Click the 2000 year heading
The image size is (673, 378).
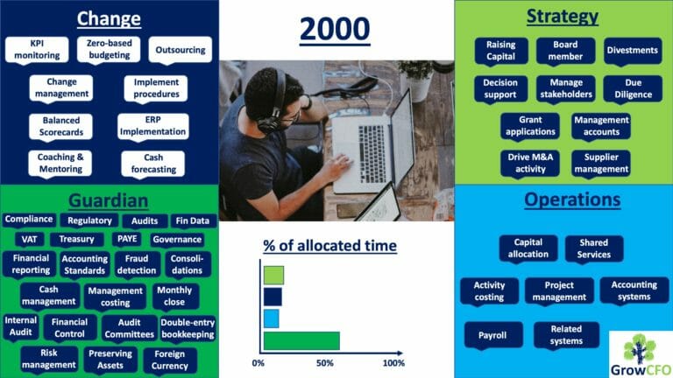tap(335, 29)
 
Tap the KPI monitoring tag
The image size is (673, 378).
tap(37, 50)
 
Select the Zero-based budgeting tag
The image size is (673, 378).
tap(109, 49)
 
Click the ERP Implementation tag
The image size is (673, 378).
tap(152, 126)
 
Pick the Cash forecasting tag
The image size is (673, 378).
tap(153, 164)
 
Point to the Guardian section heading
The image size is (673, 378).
tap(108, 200)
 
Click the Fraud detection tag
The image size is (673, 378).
tap(137, 265)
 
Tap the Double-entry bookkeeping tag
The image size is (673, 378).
tap(188, 329)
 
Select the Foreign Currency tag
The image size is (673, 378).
tap(169, 360)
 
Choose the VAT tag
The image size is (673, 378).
tap(29, 240)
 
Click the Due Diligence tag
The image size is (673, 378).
tap(633, 88)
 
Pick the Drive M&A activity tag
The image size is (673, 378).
tap(530, 164)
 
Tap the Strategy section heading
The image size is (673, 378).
tap(563, 17)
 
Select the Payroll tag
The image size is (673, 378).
tap(492, 335)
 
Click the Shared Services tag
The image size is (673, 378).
tap(593, 248)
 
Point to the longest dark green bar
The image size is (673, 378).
tap(301, 341)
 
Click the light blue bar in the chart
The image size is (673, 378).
tap(272, 318)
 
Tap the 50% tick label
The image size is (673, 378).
tap(325, 363)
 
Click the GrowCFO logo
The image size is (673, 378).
tap(641, 355)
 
